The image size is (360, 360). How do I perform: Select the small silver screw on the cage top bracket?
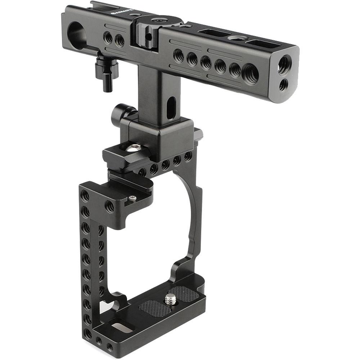click(x=132, y=198)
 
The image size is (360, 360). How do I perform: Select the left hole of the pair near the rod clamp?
click(x=107, y=36)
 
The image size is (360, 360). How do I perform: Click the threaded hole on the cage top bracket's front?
click(x=109, y=206)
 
